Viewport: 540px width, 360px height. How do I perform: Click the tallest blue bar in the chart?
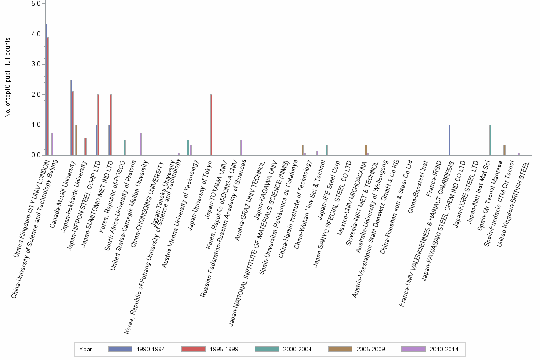pos(46,90)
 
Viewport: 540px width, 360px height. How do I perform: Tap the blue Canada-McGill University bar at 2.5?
pos(71,117)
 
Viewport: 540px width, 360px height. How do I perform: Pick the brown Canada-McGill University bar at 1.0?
pos(76,140)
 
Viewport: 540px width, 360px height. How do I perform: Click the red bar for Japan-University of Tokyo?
pos(211,125)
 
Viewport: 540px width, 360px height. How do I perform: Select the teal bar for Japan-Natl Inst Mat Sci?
pos(490,140)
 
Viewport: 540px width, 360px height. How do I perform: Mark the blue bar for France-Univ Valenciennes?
pos(449,140)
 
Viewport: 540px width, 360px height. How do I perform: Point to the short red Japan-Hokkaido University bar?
pos(85,147)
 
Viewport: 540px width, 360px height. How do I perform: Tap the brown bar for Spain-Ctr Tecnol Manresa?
pos(504,150)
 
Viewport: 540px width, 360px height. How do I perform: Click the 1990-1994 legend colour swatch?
pos(120,349)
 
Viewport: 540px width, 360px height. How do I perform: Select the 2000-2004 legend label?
pos(297,349)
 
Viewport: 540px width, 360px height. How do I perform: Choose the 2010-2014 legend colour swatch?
pos(413,349)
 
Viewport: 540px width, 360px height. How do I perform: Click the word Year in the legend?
pos(86,349)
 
